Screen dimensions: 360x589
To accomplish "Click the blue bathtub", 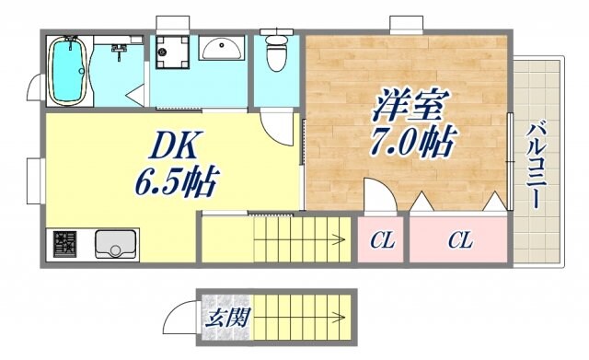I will pos(67,71).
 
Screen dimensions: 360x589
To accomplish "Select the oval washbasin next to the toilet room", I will pos(221,49).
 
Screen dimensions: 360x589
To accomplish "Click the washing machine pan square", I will pos(173,52).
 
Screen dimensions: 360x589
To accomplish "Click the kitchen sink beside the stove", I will pos(115,244).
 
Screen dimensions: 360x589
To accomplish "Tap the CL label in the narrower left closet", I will pos(382,241).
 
